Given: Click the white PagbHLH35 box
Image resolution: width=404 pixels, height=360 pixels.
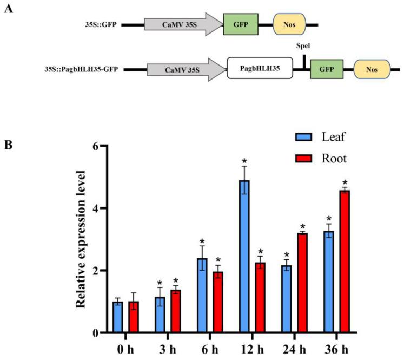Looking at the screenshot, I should tap(259, 70).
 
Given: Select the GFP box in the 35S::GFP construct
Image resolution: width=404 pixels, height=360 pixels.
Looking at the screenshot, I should tap(241, 24).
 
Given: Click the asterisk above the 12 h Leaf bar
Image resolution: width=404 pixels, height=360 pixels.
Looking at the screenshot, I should tap(244, 161).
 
